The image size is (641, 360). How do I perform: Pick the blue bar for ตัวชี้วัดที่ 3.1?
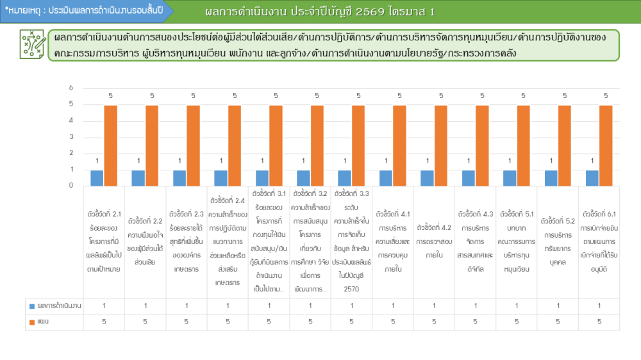(262, 177)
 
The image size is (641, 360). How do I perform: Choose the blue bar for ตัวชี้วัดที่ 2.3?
(179, 177)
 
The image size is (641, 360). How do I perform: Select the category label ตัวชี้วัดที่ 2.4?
(228, 241)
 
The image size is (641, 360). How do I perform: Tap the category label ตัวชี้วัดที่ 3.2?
(310, 241)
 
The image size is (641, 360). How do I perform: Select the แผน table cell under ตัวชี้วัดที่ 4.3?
(475, 322)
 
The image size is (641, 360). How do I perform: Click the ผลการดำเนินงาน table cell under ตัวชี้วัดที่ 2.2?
(145, 306)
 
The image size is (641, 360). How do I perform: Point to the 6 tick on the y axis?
(71, 88)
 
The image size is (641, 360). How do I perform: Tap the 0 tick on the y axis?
(71, 186)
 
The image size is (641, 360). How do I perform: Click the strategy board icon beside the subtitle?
(31, 44)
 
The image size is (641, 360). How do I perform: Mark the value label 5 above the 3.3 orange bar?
(358, 95)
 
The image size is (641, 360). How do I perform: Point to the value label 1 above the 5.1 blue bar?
(510, 161)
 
